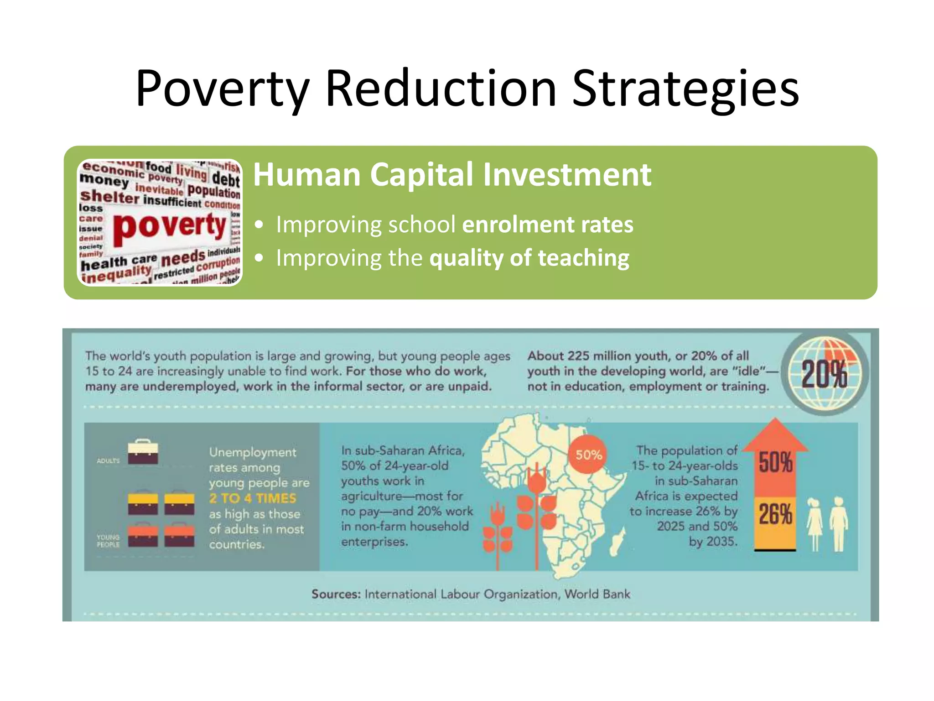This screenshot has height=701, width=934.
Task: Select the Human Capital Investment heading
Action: pyautogui.click(x=452, y=174)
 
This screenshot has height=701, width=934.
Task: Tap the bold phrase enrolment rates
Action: pyautogui.click(x=547, y=225)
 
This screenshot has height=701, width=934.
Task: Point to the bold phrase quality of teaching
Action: pyautogui.click(x=529, y=258)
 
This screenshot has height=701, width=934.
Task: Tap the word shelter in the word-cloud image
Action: pyautogui.click(x=109, y=197)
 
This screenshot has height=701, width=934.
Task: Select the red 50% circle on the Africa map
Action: pyautogui.click(x=588, y=455)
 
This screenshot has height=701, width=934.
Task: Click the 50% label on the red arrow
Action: pyautogui.click(x=775, y=462)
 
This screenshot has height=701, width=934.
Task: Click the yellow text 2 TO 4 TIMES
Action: pyautogui.click(x=253, y=498)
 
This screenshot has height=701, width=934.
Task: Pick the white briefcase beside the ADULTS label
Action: pyautogui.click(x=143, y=452)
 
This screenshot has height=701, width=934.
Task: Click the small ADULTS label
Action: pyautogui.click(x=108, y=461)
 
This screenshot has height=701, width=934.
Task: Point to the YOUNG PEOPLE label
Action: pyautogui.click(x=108, y=541)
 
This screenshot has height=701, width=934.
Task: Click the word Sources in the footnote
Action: pyautogui.click(x=336, y=594)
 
